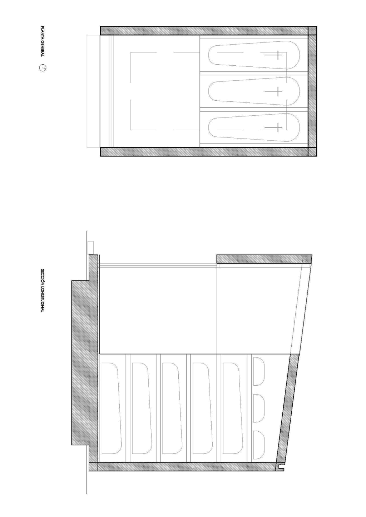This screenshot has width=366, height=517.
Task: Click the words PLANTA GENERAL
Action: [42, 41]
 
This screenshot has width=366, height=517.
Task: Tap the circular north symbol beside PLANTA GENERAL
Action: [43, 68]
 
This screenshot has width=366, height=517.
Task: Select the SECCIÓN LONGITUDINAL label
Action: [42, 290]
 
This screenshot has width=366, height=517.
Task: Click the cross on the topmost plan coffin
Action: [273, 55]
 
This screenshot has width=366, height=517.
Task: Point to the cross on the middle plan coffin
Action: [273, 91]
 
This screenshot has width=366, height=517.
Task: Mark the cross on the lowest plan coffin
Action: [273, 127]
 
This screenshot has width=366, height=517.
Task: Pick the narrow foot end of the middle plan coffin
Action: [213, 91]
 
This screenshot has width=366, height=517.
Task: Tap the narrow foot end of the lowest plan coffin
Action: [213, 127]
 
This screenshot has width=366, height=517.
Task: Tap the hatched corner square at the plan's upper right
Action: [312, 30]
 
